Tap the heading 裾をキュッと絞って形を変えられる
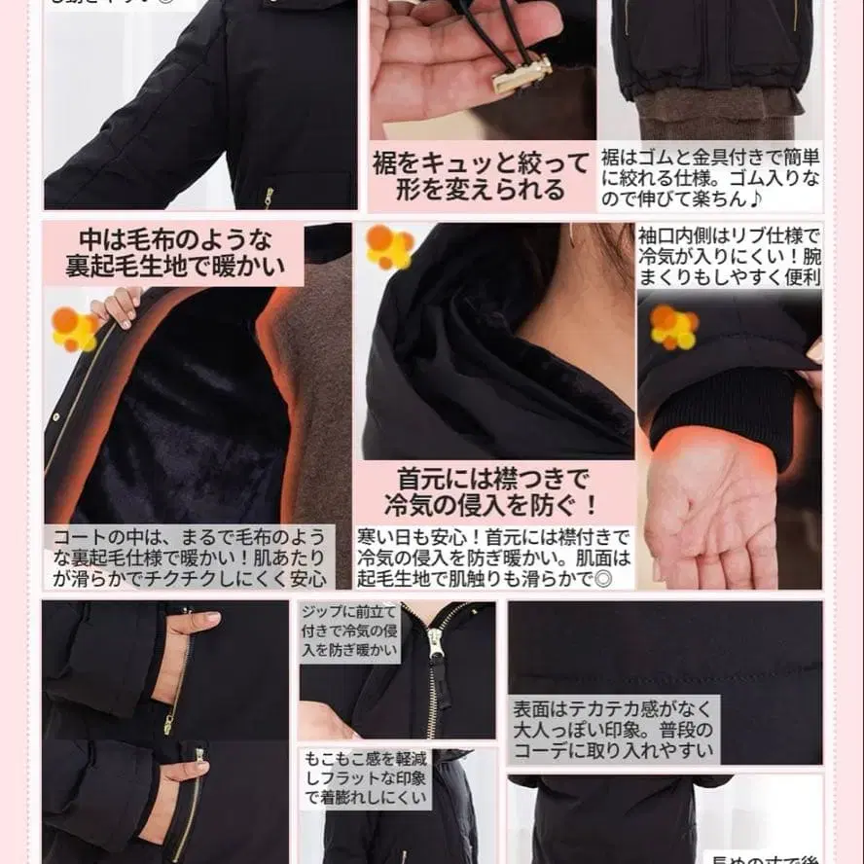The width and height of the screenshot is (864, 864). pos(481,175)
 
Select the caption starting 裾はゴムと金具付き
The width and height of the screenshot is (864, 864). pos(710,177)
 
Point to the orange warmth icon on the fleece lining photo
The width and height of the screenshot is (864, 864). pos(74,329)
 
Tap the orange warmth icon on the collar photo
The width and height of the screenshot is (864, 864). pos(389,247)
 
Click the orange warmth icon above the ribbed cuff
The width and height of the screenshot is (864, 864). pos(674,327)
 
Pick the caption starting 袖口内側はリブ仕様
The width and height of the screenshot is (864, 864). pos(729,255)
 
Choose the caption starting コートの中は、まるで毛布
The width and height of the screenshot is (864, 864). pos(190,558)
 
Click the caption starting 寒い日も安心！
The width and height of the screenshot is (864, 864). pos(493,558)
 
